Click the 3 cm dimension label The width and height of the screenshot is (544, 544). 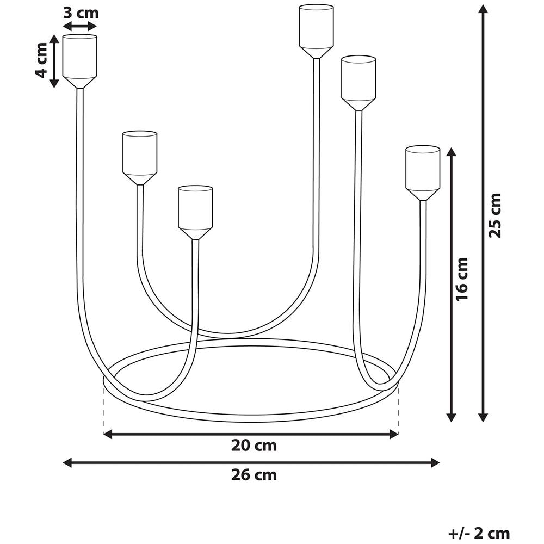[x=81, y=14]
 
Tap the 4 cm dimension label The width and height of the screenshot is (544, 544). [x=41, y=60]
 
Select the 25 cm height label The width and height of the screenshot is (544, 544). [x=495, y=215]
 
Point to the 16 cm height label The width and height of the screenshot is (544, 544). [x=462, y=279]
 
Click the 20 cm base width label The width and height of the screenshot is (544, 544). [x=254, y=446]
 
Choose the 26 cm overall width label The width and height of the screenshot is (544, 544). [x=254, y=475]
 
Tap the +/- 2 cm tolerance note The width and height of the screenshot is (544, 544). [x=479, y=533]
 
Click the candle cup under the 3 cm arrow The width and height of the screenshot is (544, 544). [x=80, y=61]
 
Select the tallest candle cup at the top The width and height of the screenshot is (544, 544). [x=316, y=31]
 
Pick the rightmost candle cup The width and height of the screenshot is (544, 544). [x=423, y=173]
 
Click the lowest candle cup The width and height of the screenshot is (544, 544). [x=195, y=213]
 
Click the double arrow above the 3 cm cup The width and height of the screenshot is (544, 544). [x=80, y=26]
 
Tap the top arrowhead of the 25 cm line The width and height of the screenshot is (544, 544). [x=483, y=8]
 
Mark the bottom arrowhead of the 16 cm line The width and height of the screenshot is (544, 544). [x=451, y=417]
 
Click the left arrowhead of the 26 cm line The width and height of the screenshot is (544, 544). [x=67, y=462]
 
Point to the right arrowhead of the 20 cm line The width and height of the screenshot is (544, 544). [x=394, y=434]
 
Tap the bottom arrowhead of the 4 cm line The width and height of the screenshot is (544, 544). [x=54, y=83]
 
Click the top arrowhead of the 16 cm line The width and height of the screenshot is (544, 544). [x=451, y=152]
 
